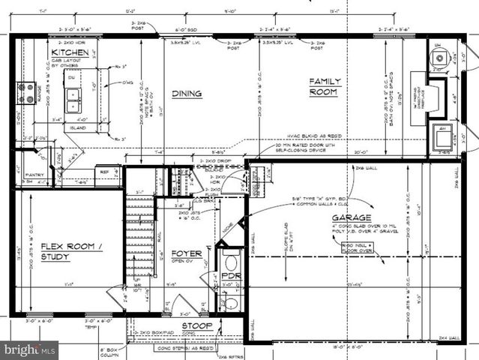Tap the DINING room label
[187, 94]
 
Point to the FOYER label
[186, 253]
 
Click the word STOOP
[196, 326]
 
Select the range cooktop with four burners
[26, 93]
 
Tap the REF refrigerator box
[106, 172]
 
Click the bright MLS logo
[29, 349]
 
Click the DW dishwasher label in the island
[71, 76]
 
